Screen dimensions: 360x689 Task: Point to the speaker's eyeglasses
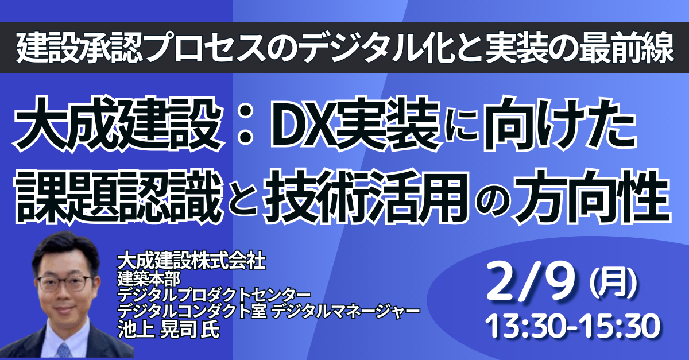(x=65, y=282)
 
